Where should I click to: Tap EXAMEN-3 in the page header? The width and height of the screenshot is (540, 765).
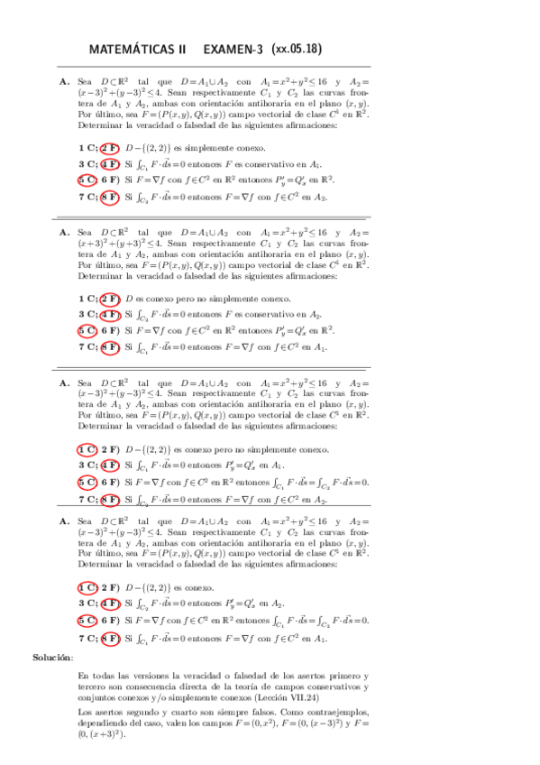[235, 50]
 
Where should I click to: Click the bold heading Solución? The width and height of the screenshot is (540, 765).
[53, 658]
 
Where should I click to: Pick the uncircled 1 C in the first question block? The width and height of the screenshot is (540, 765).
[87, 147]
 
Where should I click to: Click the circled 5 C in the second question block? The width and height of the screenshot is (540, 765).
[87, 331]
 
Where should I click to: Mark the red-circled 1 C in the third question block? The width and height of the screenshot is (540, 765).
[87, 449]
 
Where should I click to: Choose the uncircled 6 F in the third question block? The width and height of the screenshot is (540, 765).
[110, 482]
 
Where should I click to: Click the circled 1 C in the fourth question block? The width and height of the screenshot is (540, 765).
[87, 587]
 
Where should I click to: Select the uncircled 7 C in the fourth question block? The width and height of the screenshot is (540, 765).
[87, 638]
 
